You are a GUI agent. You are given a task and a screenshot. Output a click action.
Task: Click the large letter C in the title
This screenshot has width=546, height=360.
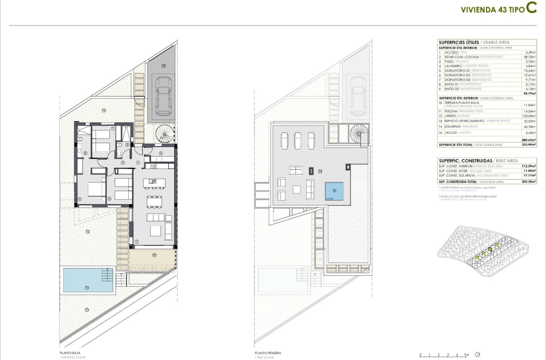(x=532, y=8)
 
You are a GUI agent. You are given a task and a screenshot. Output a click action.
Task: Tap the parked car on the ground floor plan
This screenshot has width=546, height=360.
(x=163, y=96)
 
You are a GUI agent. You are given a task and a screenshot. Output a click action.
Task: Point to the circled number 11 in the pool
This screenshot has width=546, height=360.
(x=87, y=288)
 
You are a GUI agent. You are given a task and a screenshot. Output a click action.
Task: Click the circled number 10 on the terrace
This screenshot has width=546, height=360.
(x=154, y=255)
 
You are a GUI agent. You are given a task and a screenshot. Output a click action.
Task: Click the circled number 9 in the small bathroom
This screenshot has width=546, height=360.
(x=127, y=144)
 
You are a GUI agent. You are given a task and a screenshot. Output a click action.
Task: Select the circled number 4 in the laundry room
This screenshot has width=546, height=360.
(x=161, y=153)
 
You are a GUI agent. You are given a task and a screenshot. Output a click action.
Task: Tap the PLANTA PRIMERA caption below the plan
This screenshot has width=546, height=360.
(x=267, y=352)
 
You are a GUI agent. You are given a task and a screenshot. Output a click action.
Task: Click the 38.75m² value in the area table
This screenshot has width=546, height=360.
(x=529, y=57)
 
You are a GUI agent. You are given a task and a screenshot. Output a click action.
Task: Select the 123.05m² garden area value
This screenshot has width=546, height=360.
(x=529, y=116)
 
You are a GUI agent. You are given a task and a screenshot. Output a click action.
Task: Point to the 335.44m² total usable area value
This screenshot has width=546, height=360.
(x=529, y=144)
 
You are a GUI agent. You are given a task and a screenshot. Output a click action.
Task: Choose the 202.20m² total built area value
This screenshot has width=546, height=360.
(x=529, y=181)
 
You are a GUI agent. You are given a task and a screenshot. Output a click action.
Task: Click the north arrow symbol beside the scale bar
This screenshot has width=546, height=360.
(x=478, y=354)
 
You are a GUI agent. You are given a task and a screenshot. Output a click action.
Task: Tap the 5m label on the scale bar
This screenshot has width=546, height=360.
(x=466, y=354)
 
